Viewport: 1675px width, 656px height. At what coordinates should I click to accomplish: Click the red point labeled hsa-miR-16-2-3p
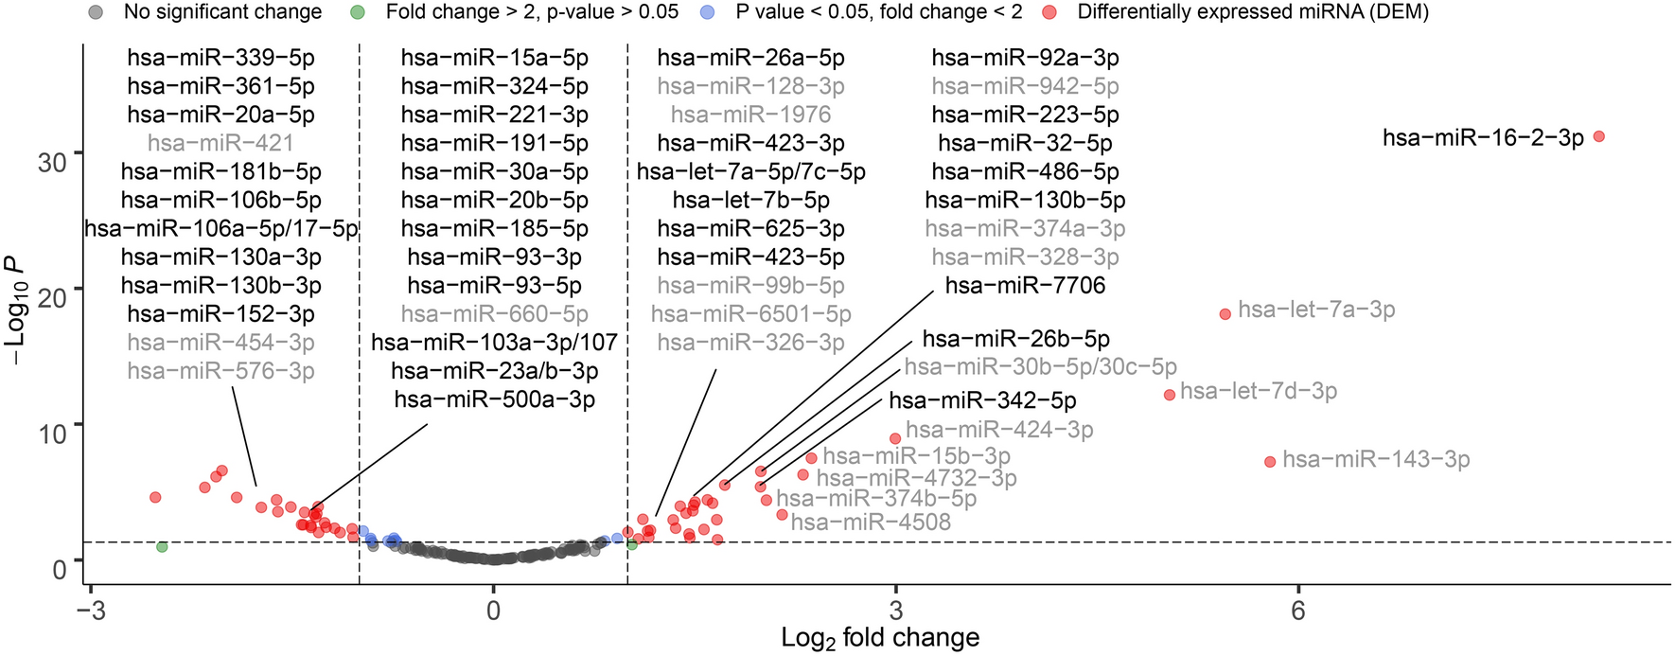tap(1599, 136)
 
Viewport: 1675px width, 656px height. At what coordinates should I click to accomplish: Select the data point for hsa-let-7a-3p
tap(1225, 313)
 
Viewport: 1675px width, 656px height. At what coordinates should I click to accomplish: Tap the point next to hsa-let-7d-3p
tap(1169, 395)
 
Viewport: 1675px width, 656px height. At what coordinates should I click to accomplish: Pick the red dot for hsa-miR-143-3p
tap(1270, 462)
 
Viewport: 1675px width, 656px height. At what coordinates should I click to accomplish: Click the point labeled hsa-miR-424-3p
tap(895, 438)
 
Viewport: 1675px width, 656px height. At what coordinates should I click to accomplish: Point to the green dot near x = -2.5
tap(162, 547)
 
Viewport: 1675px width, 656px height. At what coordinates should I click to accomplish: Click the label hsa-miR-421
tap(220, 143)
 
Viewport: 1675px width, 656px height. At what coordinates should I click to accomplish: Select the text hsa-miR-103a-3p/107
tap(494, 342)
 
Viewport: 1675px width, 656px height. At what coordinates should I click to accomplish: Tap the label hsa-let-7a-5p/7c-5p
tap(750, 171)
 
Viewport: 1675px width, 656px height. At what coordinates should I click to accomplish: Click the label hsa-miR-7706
tap(1025, 285)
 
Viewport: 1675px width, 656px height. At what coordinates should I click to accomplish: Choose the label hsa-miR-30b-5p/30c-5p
tap(1040, 366)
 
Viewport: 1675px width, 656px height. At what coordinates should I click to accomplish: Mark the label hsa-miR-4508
tap(871, 522)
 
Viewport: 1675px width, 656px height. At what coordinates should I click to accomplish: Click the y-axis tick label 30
tap(53, 162)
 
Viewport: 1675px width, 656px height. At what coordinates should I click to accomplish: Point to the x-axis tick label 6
tap(1297, 611)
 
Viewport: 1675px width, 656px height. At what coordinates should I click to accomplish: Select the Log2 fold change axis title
tap(879, 638)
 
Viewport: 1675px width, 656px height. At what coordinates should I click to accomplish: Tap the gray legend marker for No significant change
tap(96, 12)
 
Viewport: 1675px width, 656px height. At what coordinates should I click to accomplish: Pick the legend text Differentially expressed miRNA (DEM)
tap(1253, 12)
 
